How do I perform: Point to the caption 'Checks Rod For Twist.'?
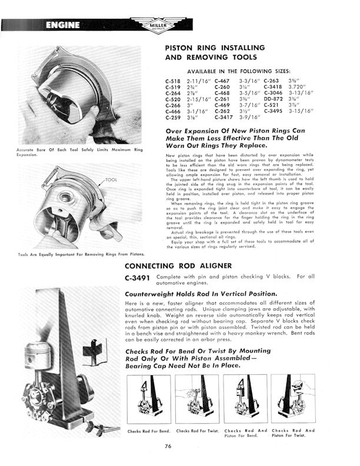pyautogui.click(x=198, y=431)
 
